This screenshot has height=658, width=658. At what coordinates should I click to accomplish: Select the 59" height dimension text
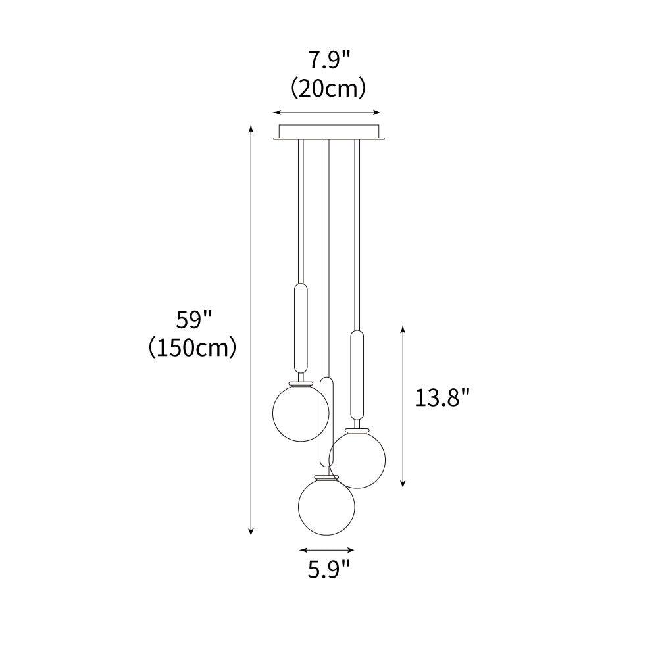[193, 320]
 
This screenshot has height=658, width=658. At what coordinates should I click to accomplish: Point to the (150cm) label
[193, 347]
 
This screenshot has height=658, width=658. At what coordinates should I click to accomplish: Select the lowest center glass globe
[326, 505]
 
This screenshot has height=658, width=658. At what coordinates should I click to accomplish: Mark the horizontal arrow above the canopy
[328, 112]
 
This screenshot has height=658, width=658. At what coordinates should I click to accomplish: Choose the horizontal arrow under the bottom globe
[326, 550]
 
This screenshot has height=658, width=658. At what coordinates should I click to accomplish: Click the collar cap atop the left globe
[300, 382]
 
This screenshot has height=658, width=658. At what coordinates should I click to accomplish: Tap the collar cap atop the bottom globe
[326, 474]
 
